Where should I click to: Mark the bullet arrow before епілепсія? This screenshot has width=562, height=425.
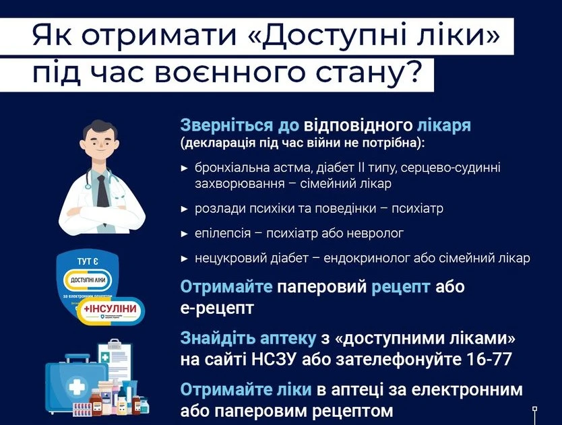(x=185, y=233)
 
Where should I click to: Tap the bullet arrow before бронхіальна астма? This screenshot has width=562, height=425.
(x=185, y=166)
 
